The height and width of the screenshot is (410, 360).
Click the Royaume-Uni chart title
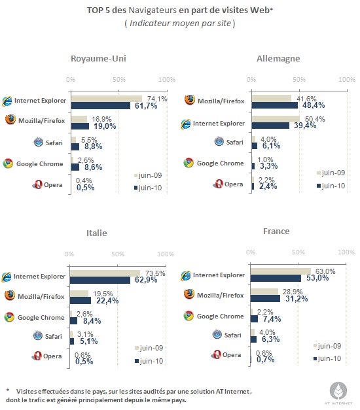98,59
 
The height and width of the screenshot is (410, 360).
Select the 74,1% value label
157,99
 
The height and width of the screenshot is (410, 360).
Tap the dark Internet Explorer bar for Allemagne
270,126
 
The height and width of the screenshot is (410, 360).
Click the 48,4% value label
314,105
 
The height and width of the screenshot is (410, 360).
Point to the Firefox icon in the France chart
189,294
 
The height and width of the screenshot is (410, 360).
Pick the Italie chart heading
97,233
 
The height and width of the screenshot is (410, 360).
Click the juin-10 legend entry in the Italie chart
149,361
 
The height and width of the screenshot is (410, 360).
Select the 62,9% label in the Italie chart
146,280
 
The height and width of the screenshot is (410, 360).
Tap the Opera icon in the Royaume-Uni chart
37,184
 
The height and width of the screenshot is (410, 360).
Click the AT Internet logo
338,393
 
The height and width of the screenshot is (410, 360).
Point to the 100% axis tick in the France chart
346,252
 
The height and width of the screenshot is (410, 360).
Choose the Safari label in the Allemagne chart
234,143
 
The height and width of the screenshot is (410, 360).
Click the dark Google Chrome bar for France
254,318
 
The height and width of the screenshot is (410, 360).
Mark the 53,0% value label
317,278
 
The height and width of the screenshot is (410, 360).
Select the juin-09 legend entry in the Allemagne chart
331,173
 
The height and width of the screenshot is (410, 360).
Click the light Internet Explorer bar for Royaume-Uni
107,99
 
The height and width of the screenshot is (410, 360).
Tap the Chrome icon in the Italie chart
9,317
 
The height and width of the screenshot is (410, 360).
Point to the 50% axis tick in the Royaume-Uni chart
119,80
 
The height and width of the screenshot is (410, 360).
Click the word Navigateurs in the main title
153,10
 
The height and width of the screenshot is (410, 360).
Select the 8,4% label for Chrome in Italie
92,321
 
